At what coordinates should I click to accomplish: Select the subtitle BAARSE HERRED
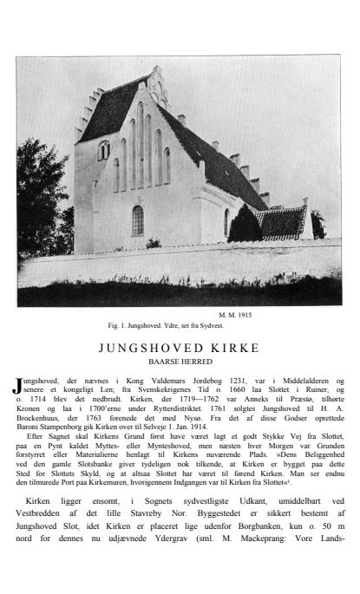click(180, 362)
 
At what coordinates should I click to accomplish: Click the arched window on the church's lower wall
click(137, 221)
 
